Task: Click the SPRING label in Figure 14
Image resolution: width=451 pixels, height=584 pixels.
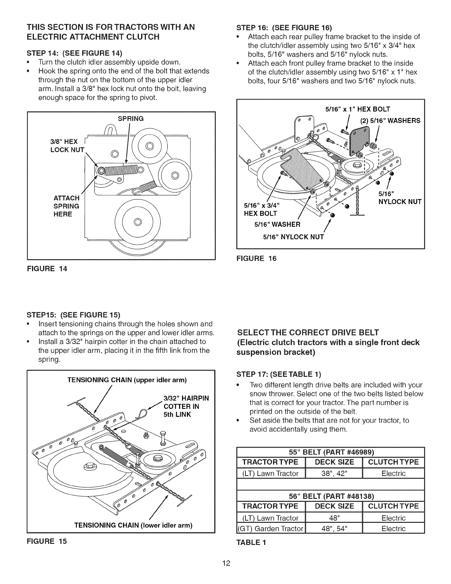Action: pyautogui.click(x=130, y=119)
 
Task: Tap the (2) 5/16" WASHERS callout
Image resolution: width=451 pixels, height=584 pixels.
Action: pyautogui.click(x=390, y=121)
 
